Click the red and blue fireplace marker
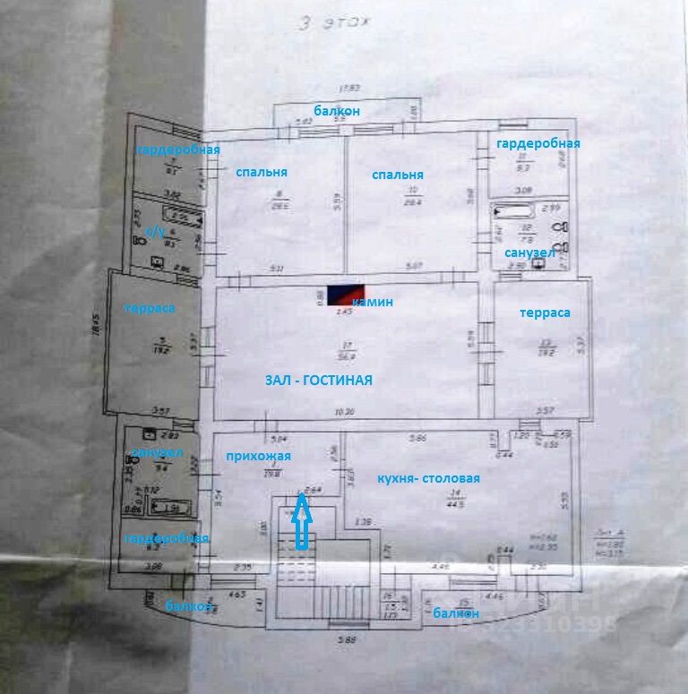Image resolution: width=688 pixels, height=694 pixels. click(x=345, y=296)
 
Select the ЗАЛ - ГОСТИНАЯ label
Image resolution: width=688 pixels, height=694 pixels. click(x=318, y=380)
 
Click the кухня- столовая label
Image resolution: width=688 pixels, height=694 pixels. click(x=428, y=478)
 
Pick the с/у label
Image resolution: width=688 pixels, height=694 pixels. click(x=155, y=232)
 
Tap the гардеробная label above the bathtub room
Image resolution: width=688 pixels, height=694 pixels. click(x=538, y=143)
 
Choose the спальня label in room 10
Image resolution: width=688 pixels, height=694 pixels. click(x=398, y=175)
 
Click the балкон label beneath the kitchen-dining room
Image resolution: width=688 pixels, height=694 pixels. click(x=455, y=613)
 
